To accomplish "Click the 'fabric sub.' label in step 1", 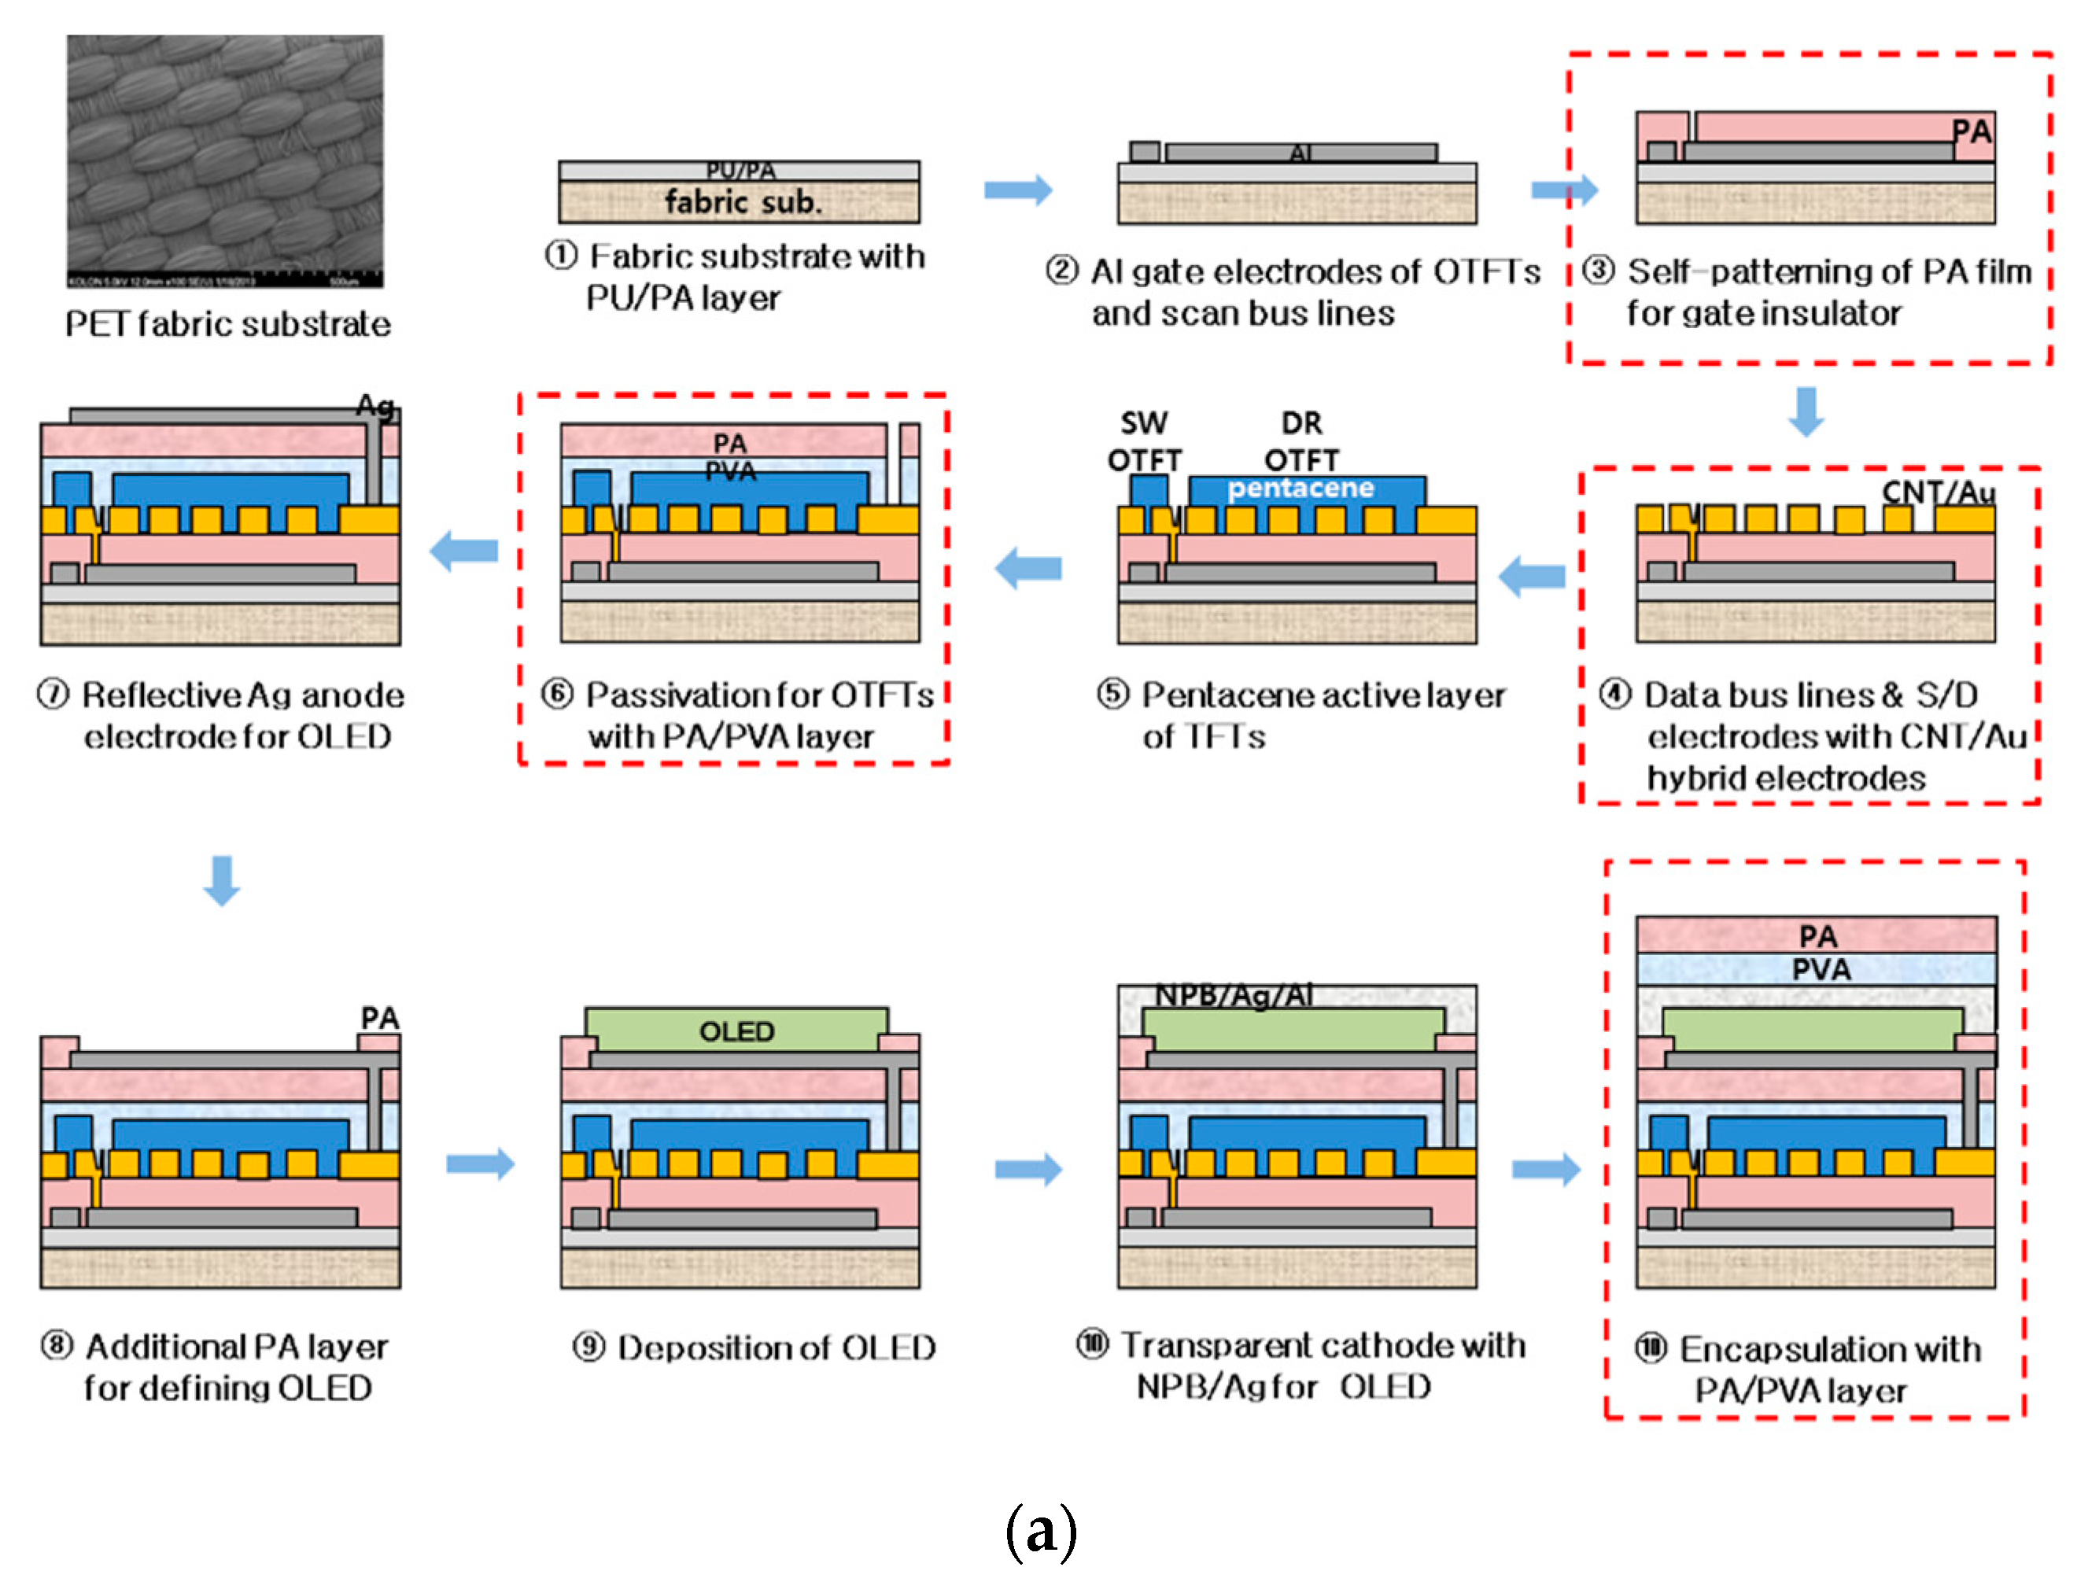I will pyautogui.click(x=742, y=201).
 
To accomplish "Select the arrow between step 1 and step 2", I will pyautogui.click(x=1016, y=190).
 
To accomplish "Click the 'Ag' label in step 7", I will pyautogui.click(x=374, y=406).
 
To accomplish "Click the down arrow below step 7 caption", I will pyautogui.click(x=222, y=880).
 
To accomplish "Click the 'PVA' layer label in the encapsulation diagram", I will pyautogui.click(x=1819, y=969).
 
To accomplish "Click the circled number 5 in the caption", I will pyautogui.click(x=1112, y=694).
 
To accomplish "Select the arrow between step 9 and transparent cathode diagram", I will pyautogui.click(x=1027, y=1168).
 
